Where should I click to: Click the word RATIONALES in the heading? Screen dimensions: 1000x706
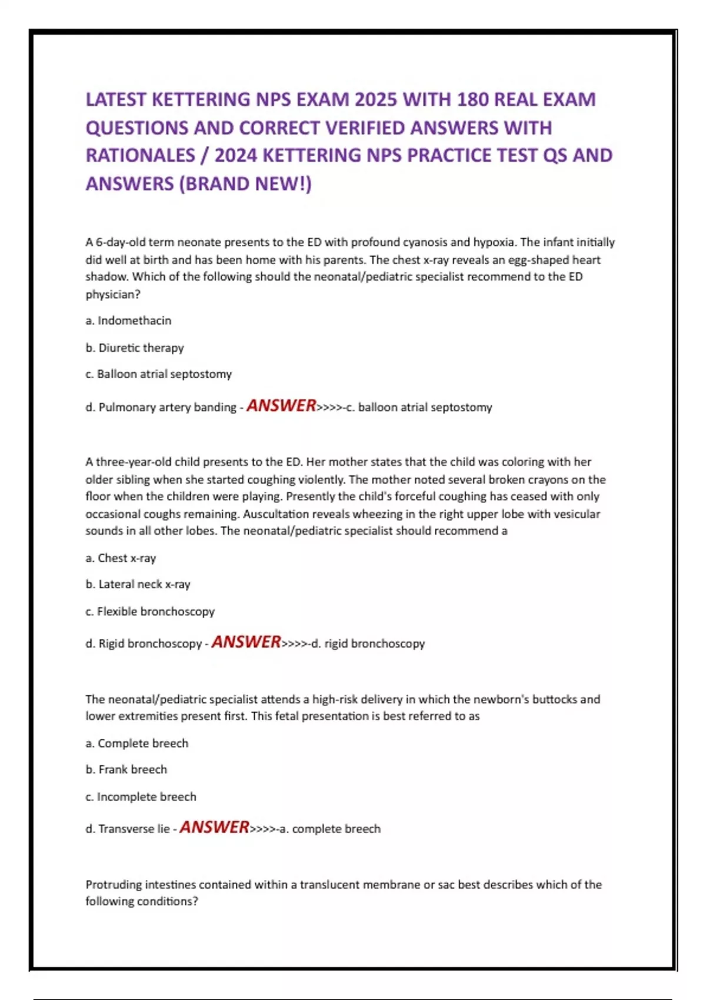(140, 155)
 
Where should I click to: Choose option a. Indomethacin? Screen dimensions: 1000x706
(128, 321)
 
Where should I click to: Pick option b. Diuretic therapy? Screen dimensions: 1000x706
(135, 348)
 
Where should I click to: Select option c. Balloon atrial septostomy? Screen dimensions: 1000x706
(158, 374)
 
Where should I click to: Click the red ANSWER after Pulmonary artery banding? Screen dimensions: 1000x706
(281, 405)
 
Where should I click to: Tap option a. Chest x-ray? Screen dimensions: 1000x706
(121, 558)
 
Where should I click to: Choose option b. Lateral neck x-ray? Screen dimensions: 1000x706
(138, 584)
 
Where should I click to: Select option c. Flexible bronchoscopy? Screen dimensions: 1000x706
(150, 611)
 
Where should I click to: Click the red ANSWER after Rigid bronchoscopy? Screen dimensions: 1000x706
(246, 642)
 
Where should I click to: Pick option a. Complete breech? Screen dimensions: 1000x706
(136, 743)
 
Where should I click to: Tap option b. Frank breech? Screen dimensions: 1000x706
(126, 769)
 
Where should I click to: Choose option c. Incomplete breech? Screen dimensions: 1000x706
(141, 796)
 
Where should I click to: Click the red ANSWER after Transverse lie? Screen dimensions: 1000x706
(214, 827)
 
